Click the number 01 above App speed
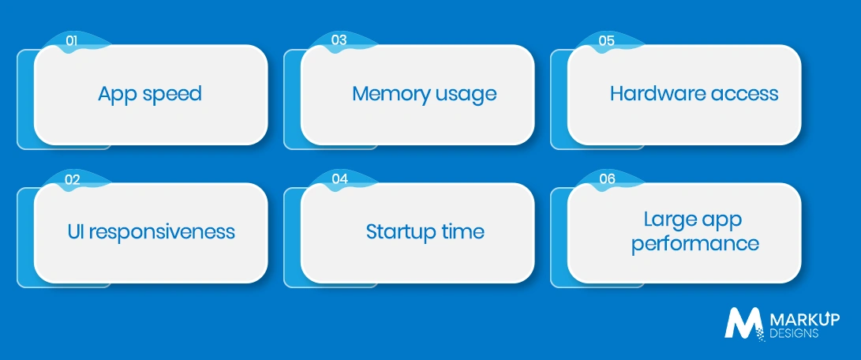[x=71, y=40]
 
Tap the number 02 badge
[x=73, y=179]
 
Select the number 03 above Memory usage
[x=339, y=40]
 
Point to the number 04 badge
[x=339, y=179]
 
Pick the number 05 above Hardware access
[x=606, y=40]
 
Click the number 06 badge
[x=607, y=179]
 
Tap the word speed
[x=172, y=95]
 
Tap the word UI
[x=75, y=231]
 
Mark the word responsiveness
[x=162, y=232]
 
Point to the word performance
[x=695, y=243]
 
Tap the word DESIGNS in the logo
[x=794, y=334]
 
